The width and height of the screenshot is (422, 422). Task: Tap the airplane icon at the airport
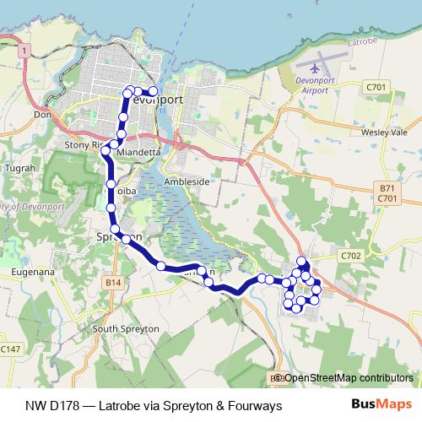[316, 65]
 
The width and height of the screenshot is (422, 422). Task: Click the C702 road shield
[352, 254]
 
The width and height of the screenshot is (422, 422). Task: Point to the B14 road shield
[114, 282]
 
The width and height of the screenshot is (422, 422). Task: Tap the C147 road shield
[10, 349]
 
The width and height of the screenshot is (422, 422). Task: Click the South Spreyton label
[126, 328]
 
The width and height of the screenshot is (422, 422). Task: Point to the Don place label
[41, 113]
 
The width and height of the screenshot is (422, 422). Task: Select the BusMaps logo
[376, 405]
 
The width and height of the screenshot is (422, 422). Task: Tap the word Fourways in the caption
[248, 405]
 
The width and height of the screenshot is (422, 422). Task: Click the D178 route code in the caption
[67, 405]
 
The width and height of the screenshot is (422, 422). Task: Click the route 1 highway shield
[27, 52]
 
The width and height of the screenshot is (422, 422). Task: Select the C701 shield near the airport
[376, 86]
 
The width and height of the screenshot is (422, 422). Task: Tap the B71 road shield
[387, 188]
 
